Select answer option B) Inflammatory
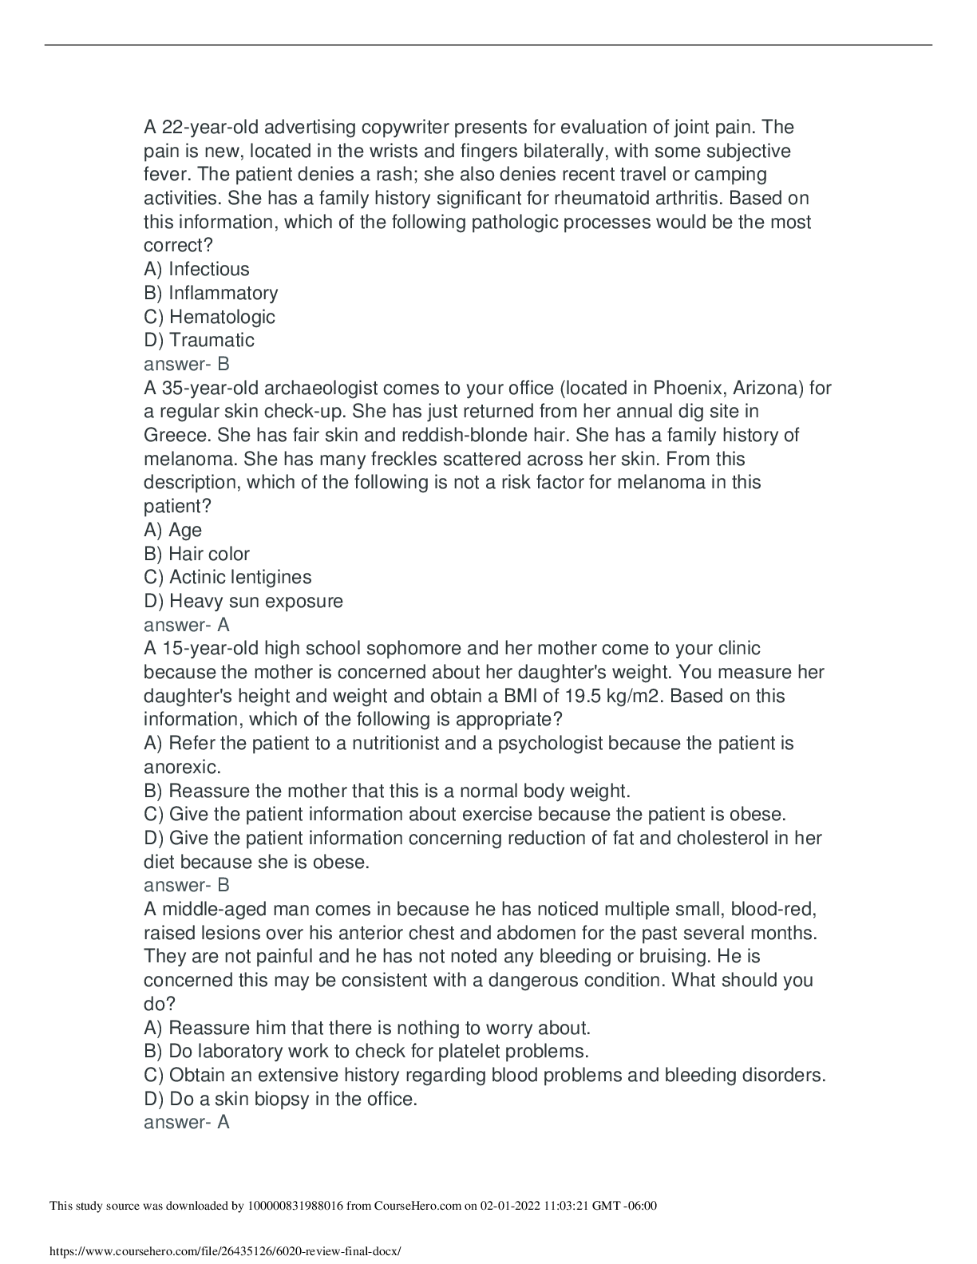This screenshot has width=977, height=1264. tap(211, 293)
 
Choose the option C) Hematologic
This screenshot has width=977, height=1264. tap(209, 317)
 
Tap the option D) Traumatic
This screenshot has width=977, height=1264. tap(199, 340)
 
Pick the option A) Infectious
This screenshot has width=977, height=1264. tap(196, 270)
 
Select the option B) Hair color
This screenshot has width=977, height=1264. tap(196, 554)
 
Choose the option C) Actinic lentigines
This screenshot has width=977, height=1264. tap(227, 577)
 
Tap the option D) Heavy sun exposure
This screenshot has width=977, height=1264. tap(243, 601)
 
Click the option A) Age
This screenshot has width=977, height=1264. tap(172, 530)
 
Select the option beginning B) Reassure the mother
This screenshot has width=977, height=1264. tap(387, 791)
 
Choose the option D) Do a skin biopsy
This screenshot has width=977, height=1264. tap(280, 1099)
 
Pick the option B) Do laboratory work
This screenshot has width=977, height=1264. tap(366, 1051)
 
